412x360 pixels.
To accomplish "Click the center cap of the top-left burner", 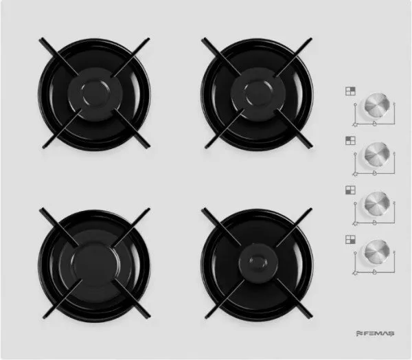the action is [x=95, y=94].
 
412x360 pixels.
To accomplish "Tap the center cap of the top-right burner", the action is [x=257, y=94].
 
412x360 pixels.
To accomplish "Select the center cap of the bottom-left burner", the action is [x=95, y=264].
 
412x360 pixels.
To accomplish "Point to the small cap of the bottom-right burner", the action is [x=258, y=262].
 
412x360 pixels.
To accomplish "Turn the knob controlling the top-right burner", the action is [x=377, y=105].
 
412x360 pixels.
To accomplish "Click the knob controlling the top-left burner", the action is [x=377, y=155].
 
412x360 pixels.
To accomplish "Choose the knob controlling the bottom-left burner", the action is [x=377, y=204].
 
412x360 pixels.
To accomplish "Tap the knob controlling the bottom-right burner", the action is [x=377, y=252].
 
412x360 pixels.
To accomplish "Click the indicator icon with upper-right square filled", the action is [x=350, y=91].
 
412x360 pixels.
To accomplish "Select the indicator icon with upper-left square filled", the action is [x=350, y=140].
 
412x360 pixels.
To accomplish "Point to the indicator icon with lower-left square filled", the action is [x=350, y=190].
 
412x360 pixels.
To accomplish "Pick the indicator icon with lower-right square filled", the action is [x=350, y=239].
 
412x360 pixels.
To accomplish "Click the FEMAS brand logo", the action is [x=375, y=333].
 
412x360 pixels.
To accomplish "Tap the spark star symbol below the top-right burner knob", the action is [x=355, y=124].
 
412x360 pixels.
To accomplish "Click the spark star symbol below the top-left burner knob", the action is [x=355, y=174].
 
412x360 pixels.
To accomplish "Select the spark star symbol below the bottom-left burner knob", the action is [x=355, y=223].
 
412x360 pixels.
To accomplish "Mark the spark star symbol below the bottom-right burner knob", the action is [x=355, y=273].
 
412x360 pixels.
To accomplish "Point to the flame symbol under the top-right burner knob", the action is [x=375, y=124].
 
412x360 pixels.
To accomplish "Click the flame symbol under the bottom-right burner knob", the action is [x=375, y=271].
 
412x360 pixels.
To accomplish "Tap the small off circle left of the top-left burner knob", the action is [x=355, y=154].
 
